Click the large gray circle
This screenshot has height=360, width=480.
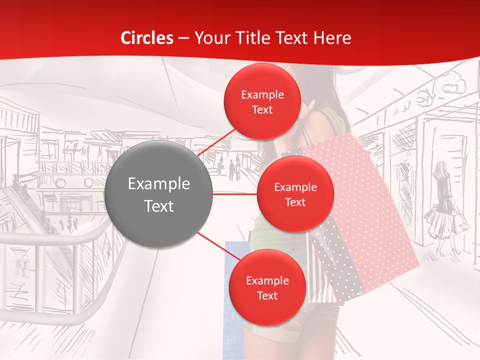click(x=158, y=194)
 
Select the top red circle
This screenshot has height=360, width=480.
click(x=262, y=101)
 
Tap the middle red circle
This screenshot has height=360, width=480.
click(x=295, y=194)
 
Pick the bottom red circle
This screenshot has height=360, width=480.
click(x=267, y=288)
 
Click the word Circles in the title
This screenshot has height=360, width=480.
click(x=147, y=38)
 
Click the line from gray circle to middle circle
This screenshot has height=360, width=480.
click(x=235, y=194)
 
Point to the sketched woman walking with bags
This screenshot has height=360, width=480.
click(x=442, y=207)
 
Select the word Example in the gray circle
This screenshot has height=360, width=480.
click(x=158, y=184)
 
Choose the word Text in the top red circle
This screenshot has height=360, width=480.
click(x=262, y=110)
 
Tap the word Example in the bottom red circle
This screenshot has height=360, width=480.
click(x=267, y=281)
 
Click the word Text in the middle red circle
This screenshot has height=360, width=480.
click(x=295, y=202)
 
